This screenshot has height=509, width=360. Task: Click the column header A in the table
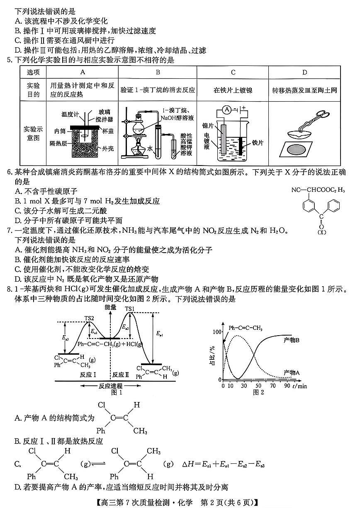point(83,72)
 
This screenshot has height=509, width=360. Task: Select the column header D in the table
point(304,72)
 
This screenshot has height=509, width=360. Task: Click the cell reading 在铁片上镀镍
point(233,90)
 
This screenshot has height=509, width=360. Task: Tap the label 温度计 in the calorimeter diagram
point(69,114)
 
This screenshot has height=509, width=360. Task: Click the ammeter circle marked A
point(226,110)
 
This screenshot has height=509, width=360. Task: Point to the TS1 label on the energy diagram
point(130,309)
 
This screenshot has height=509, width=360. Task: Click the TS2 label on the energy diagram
point(90,318)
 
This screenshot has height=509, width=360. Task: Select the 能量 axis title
point(111,307)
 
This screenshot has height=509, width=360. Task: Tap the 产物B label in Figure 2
point(292,340)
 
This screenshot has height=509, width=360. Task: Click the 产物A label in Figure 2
point(292,372)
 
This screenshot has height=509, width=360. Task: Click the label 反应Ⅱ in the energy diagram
point(121,375)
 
